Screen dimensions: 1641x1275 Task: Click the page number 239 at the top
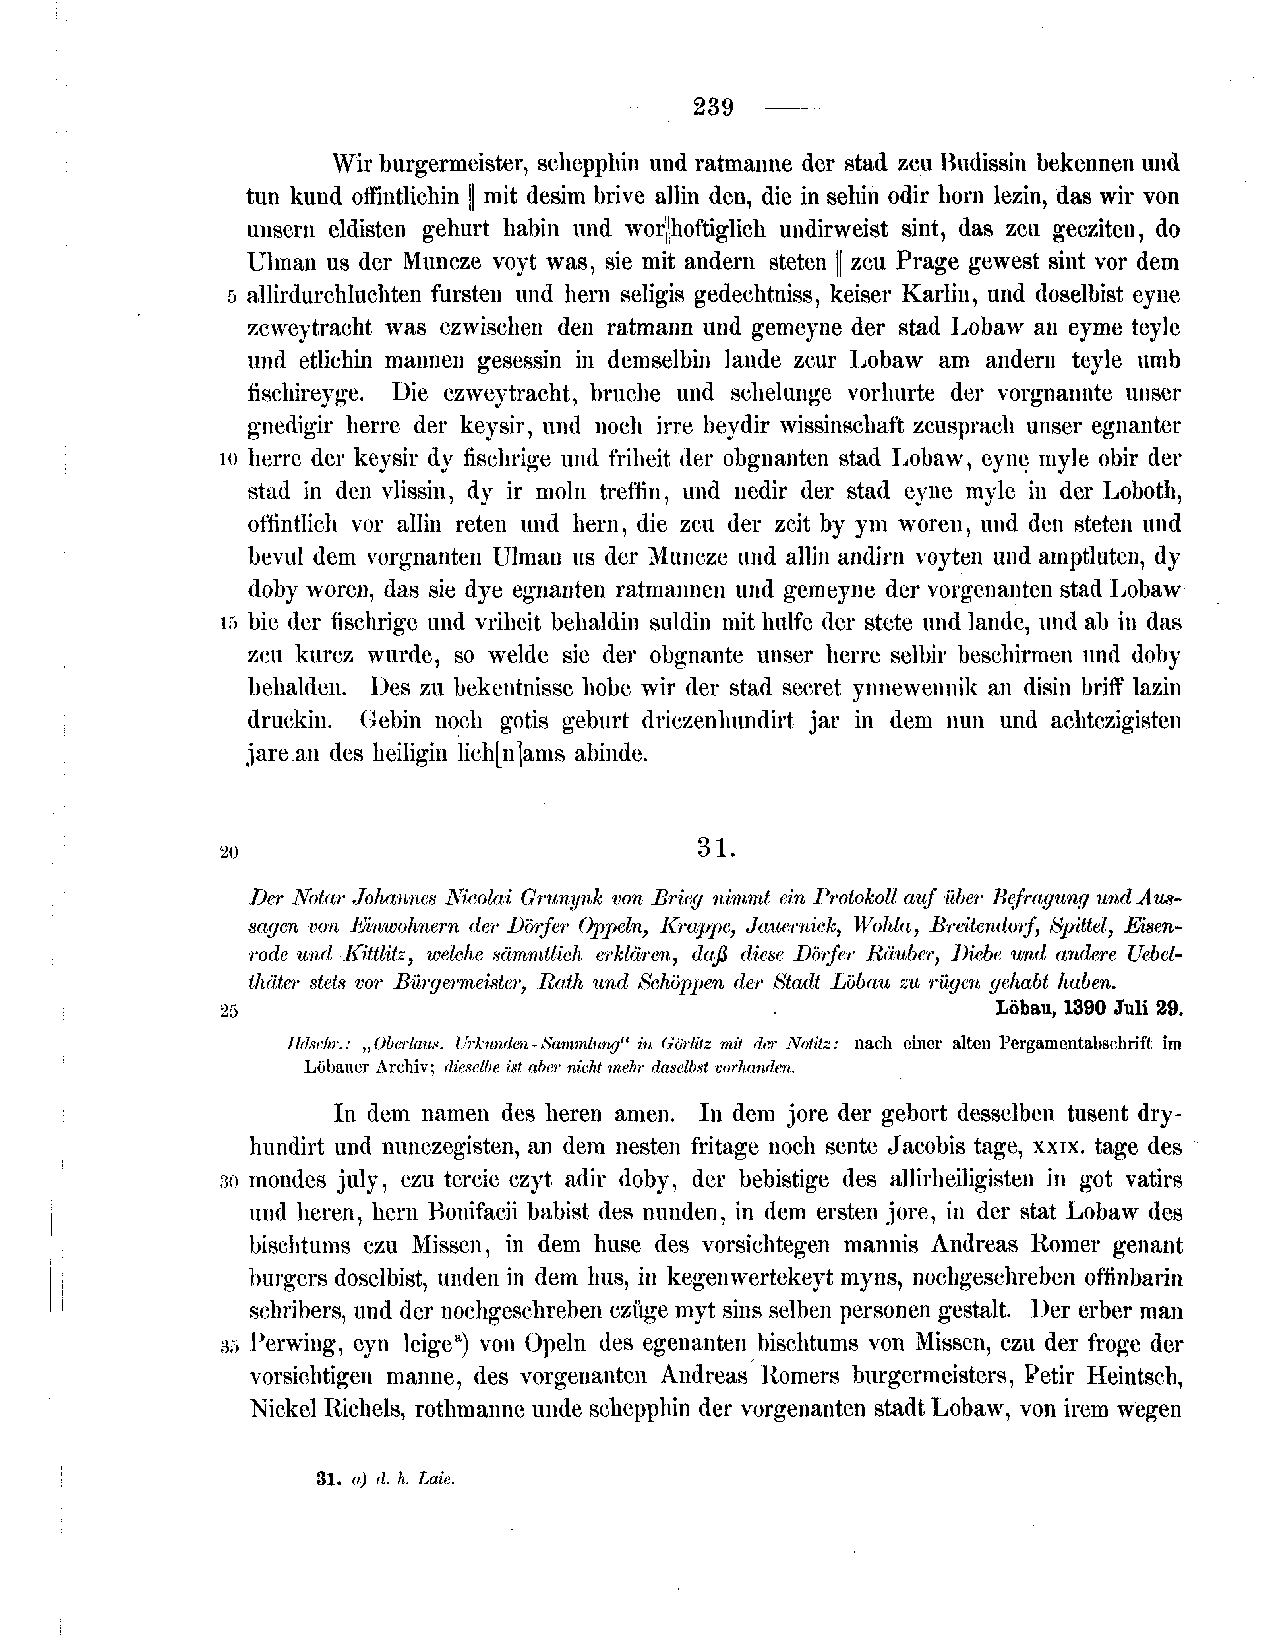pos(713,107)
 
